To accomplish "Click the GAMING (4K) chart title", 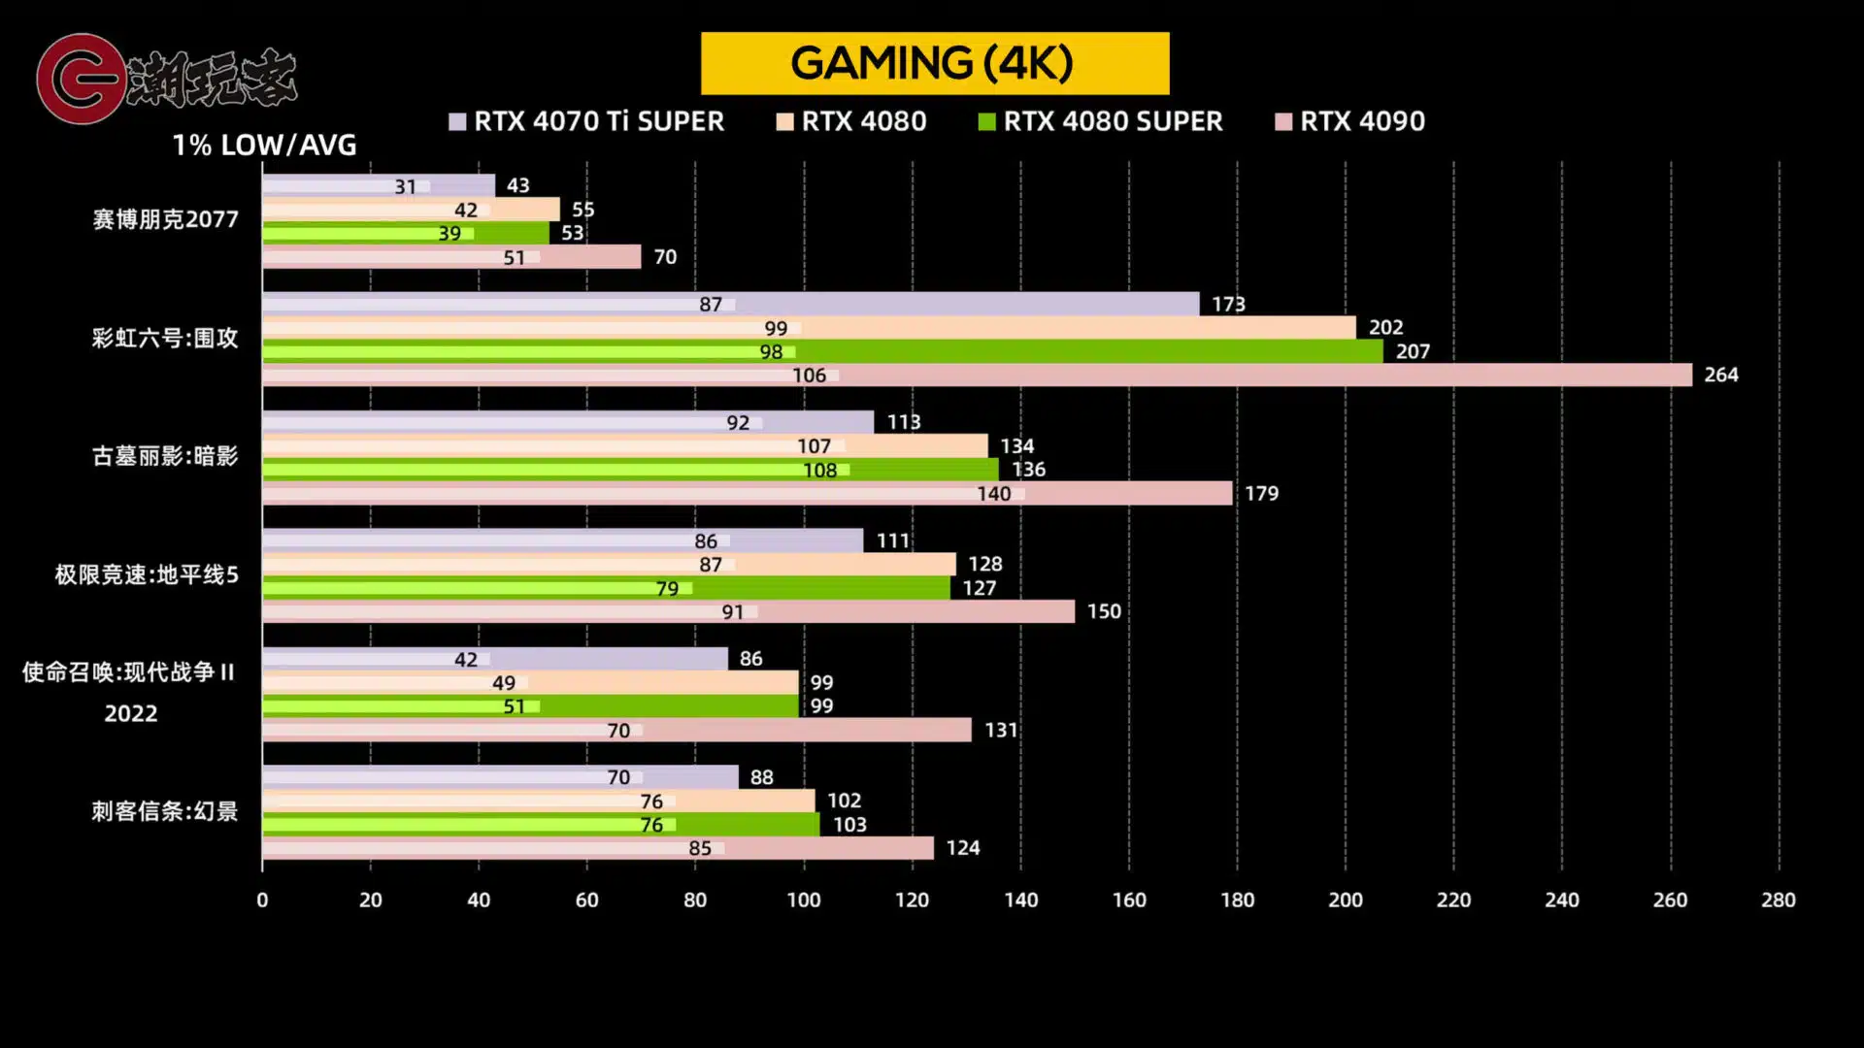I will click(934, 63).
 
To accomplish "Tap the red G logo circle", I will click(80, 79).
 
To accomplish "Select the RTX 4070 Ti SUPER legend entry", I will click(587, 121).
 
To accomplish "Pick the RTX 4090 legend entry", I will click(1350, 121).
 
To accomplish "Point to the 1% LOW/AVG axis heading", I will click(264, 146).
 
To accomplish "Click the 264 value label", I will click(1721, 375).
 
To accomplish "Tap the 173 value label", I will click(1228, 304).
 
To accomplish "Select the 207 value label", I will click(1413, 351).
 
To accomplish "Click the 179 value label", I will click(1261, 493).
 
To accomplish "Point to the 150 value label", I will click(1104, 611).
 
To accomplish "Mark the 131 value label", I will click(1001, 730).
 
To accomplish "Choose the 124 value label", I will click(962, 848).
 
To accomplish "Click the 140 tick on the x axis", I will click(1020, 901).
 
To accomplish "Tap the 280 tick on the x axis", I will click(1779, 901).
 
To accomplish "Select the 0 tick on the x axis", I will click(262, 901).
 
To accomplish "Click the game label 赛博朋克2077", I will click(165, 219).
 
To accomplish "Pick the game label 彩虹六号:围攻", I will click(165, 338).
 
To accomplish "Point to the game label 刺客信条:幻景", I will click(165, 811).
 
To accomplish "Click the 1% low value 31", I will click(405, 186).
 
